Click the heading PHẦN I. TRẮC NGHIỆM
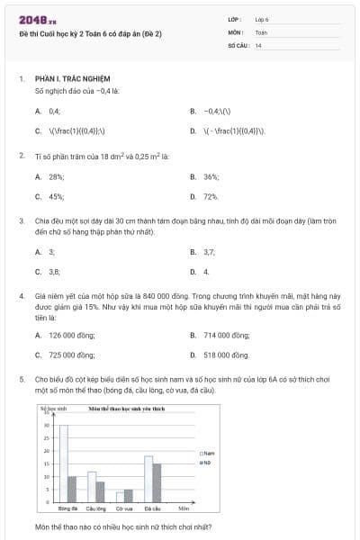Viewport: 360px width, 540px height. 71,79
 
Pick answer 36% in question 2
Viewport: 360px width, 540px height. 211,176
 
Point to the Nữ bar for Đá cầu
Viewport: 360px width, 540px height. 157,482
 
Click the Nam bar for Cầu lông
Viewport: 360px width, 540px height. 92,486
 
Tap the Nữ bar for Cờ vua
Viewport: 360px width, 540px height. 128,495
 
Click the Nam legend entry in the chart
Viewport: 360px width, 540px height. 207,453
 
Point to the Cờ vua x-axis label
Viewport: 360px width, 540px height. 123,508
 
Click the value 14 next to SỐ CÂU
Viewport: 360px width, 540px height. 258,45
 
